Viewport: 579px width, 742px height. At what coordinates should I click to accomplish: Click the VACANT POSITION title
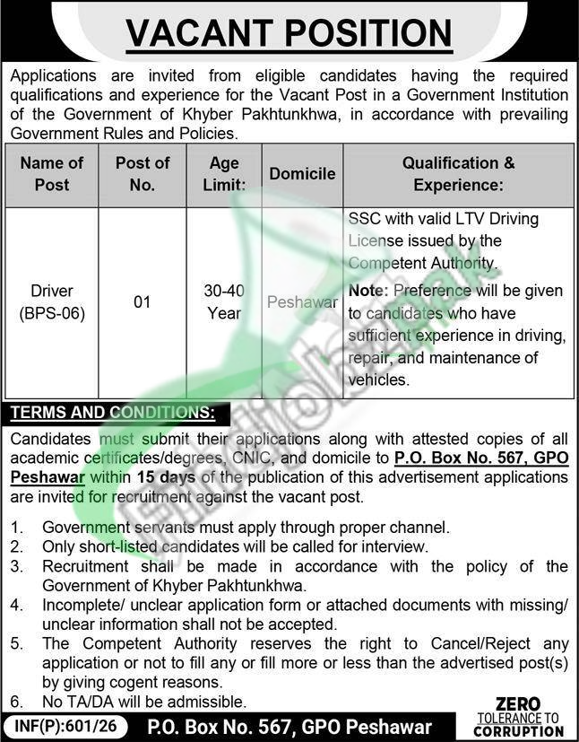click(x=289, y=35)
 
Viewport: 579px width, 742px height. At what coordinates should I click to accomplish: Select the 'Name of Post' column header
click(x=51, y=174)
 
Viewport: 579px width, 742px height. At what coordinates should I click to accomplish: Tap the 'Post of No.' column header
click(x=143, y=174)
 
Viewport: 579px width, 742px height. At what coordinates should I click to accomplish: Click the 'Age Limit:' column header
click(x=224, y=174)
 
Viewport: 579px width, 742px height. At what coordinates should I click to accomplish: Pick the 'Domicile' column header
click(x=302, y=174)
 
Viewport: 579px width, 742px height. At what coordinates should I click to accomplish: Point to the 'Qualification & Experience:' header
click(x=459, y=174)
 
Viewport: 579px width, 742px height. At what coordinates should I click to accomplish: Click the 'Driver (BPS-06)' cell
click(x=51, y=302)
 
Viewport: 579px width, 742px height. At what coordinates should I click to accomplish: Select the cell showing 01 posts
click(x=143, y=302)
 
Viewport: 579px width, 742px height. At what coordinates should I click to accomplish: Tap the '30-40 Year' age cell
click(x=224, y=302)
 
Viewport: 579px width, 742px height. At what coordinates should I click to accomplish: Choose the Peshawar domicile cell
click(x=302, y=302)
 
